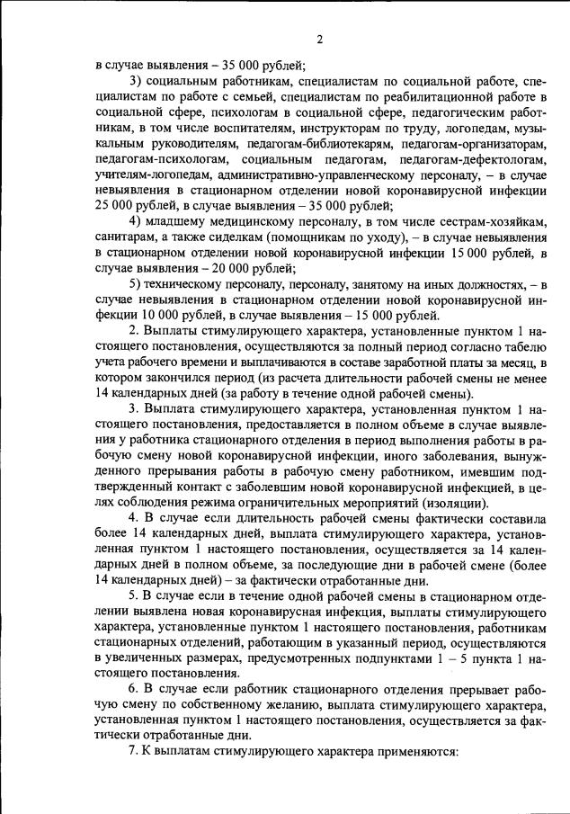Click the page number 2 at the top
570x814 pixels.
point(319,39)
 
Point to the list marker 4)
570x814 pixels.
point(136,221)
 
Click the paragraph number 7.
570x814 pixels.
point(132,750)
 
